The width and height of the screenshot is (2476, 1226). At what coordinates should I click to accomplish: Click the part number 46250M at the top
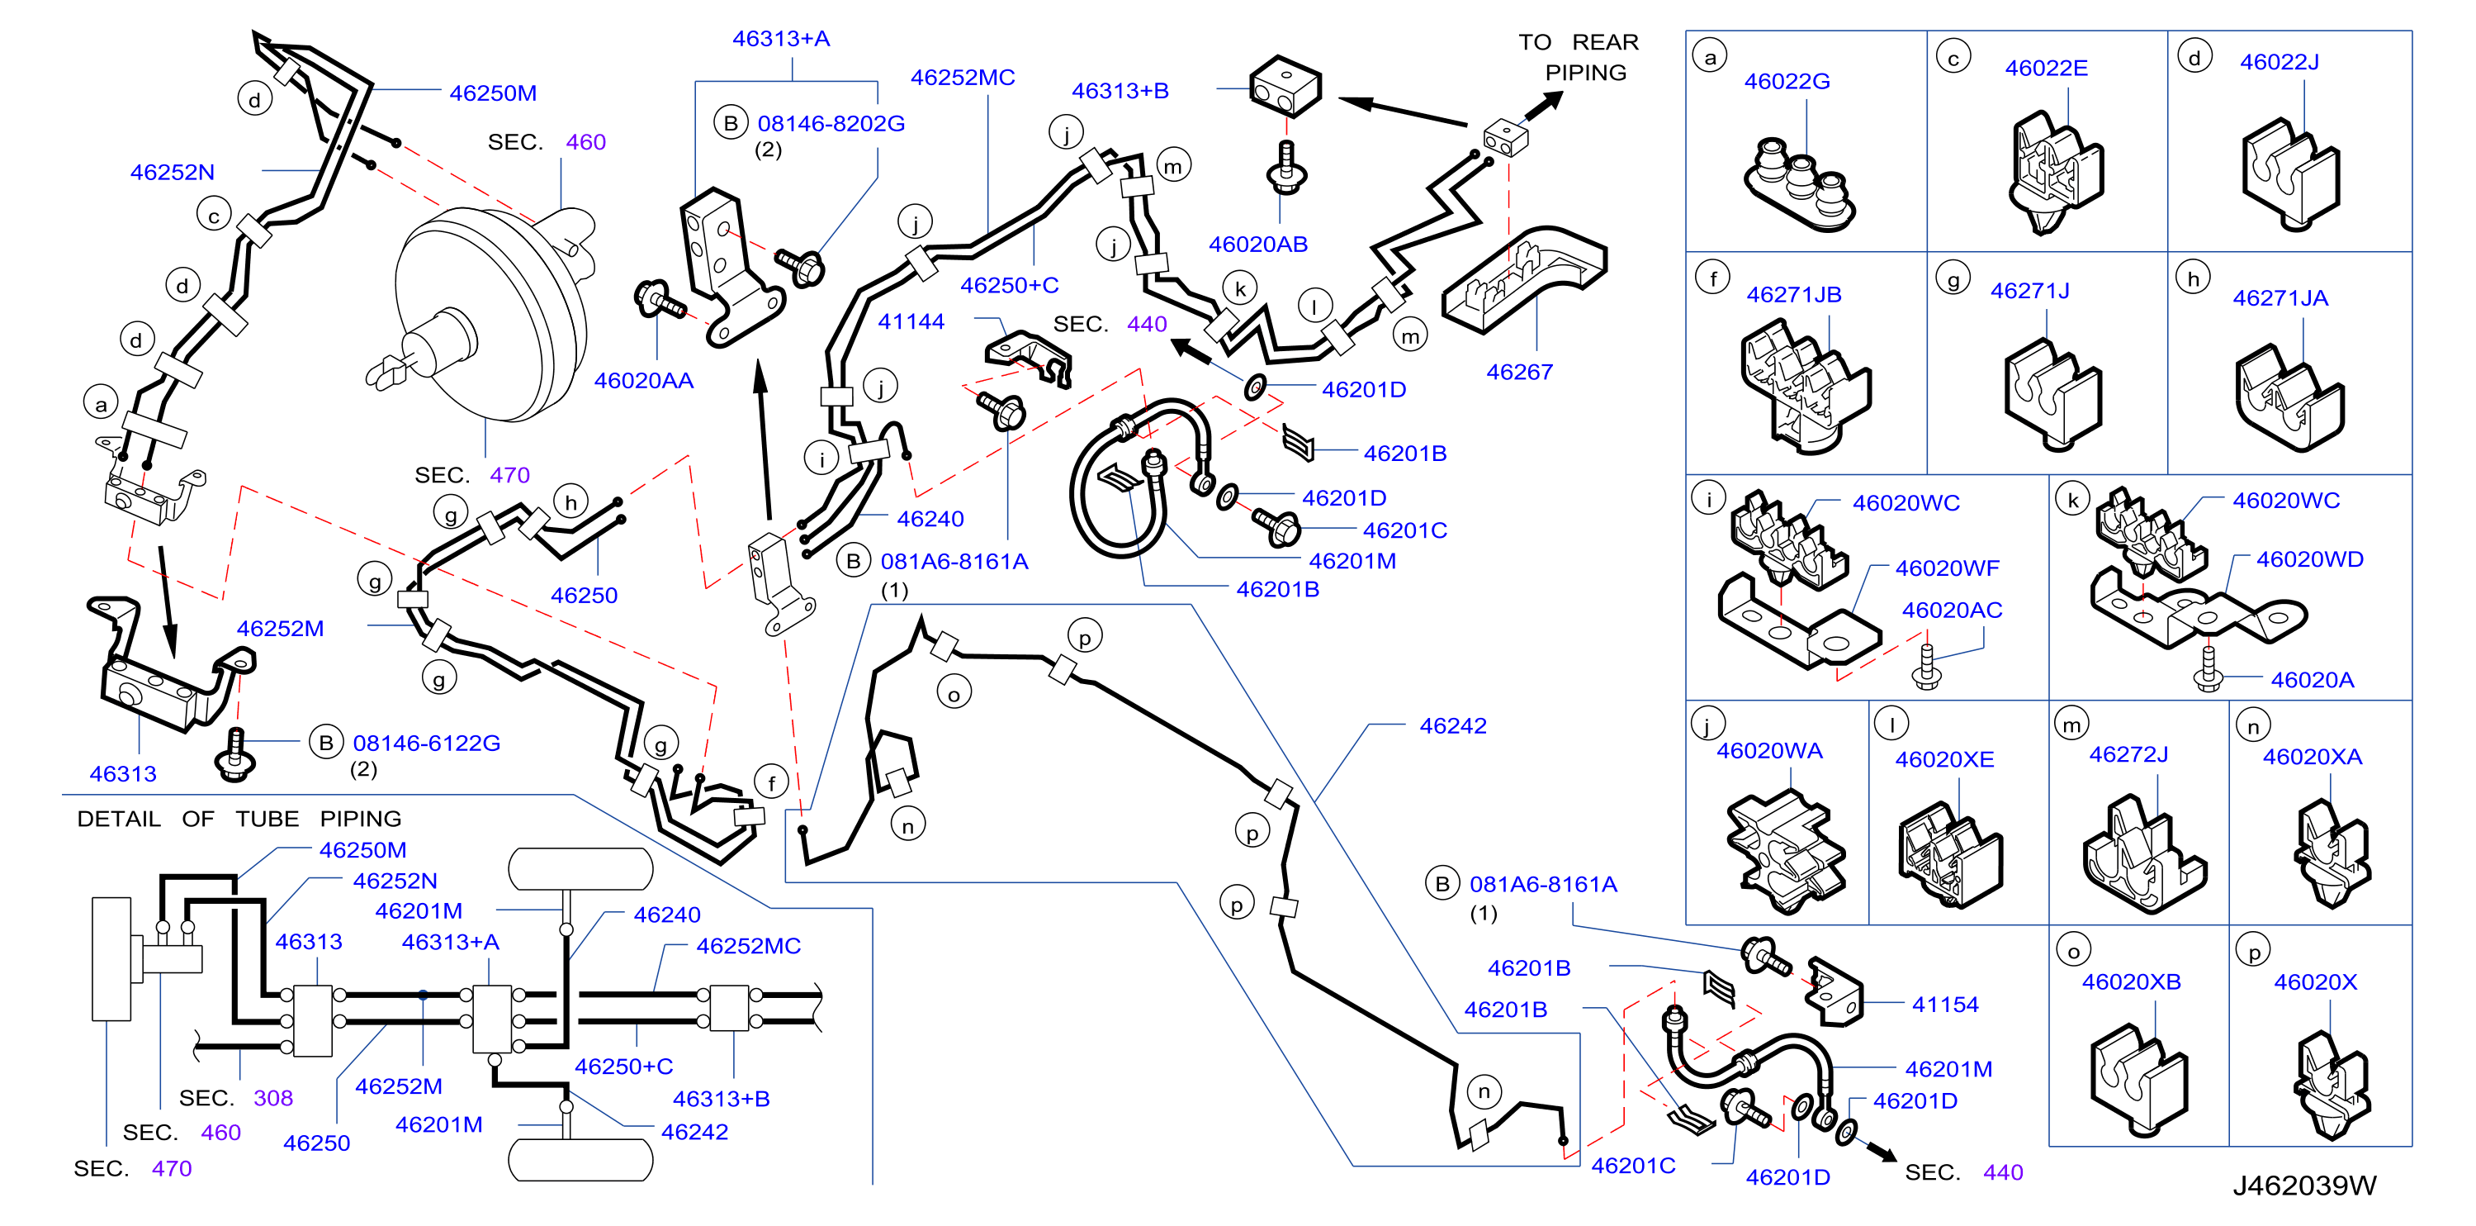click(493, 93)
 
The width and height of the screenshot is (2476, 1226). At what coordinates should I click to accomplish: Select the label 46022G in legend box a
click(1787, 81)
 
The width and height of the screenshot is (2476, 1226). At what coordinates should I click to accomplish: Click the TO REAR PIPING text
click(1579, 57)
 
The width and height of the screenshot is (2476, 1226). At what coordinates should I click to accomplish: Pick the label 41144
click(911, 321)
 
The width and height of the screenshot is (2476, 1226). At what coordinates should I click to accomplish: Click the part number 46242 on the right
click(1452, 725)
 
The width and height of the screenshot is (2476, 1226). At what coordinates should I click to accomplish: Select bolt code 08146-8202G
click(831, 123)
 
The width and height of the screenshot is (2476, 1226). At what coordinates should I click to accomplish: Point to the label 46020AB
click(1258, 245)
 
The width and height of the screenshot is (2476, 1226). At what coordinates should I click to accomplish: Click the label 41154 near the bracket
click(1944, 1004)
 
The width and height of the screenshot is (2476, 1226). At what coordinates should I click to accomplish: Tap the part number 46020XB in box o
click(2131, 981)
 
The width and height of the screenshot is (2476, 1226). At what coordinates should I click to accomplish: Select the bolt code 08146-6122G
click(426, 743)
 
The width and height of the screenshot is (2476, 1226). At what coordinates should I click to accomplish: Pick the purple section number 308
click(273, 1097)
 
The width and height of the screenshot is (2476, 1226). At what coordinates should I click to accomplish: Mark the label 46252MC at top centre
click(962, 77)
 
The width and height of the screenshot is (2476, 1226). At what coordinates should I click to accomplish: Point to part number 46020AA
click(643, 380)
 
